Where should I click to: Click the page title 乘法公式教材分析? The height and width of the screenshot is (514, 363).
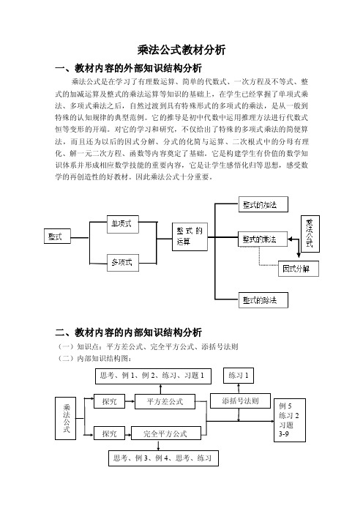click(x=181, y=50)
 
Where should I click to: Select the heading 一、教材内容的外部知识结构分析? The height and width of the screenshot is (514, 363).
click(x=128, y=68)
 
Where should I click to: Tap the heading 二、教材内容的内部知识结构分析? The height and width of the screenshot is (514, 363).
click(x=128, y=332)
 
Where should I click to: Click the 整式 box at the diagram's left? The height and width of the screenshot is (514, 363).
click(x=57, y=236)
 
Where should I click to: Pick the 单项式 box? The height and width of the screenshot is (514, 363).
click(x=123, y=224)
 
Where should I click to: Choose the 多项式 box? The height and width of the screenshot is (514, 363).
click(x=123, y=263)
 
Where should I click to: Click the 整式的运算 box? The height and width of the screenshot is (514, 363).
click(x=190, y=236)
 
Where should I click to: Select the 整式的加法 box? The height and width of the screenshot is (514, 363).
click(x=263, y=204)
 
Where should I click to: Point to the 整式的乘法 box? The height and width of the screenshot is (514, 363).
click(x=263, y=239)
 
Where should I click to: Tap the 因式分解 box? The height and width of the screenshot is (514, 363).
click(x=299, y=269)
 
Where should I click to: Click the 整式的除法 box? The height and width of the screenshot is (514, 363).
click(x=263, y=300)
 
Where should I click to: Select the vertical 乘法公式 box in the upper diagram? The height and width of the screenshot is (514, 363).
click(x=310, y=234)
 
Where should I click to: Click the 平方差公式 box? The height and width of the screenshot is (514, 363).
click(x=165, y=401)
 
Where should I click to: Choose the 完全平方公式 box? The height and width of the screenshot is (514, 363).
click(x=166, y=433)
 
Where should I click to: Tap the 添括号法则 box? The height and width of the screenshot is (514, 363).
click(x=240, y=401)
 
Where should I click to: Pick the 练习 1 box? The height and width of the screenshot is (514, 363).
click(x=239, y=376)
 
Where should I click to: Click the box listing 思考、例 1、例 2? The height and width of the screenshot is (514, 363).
click(x=154, y=376)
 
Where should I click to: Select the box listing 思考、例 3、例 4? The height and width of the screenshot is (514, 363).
click(x=163, y=458)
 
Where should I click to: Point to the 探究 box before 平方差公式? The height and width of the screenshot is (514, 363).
click(x=110, y=401)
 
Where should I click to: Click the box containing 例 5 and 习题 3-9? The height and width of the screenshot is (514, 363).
click(x=290, y=420)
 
